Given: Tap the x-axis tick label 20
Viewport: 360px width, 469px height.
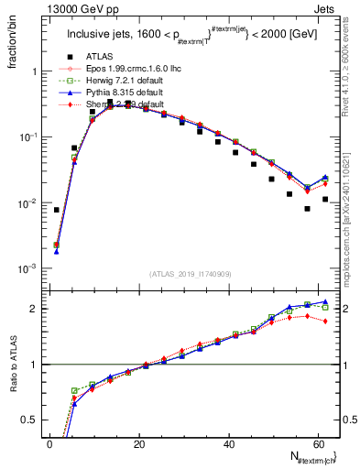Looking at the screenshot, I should click(x=138, y=443).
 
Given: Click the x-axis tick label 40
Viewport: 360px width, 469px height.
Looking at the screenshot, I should click(x=228, y=443).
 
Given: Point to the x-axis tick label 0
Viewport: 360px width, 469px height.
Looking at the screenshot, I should click(x=49, y=443).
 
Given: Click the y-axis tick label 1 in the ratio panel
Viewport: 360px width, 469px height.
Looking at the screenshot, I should click(x=37, y=365).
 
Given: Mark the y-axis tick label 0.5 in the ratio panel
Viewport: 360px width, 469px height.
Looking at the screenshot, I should click(x=32, y=420).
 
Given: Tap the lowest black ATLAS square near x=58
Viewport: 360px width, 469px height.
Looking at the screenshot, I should click(x=308, y=208).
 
